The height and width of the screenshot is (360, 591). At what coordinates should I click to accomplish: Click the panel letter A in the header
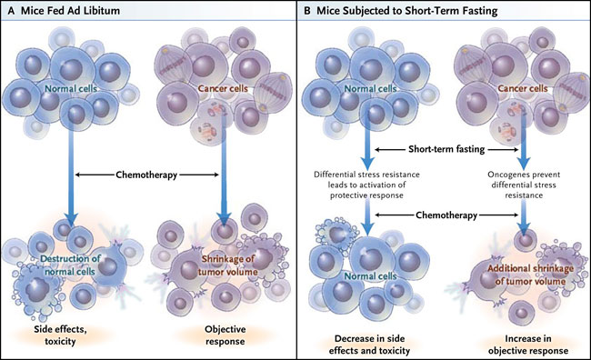click(11, 11)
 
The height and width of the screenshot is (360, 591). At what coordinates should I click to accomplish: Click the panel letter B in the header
click(307, 11)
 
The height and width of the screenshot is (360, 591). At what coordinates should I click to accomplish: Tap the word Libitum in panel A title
click(102, 11)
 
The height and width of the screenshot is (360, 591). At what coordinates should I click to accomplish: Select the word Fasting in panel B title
click(479, 11)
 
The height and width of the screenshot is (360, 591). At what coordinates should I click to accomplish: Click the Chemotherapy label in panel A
click(146, 175)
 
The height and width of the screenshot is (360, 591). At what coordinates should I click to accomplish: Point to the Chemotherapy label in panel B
click(446, 215)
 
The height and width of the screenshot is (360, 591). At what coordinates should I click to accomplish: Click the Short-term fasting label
click(446, 149)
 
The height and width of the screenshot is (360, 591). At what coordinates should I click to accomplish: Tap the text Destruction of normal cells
click(71, 265)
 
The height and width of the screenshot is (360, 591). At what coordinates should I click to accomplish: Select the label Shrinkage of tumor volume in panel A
click(228, 265)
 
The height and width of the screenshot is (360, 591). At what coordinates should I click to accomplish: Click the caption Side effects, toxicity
click(60, 335)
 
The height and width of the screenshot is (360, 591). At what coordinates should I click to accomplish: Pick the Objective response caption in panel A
click(225, 335)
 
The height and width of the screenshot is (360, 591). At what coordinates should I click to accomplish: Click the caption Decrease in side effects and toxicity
click(369, 345)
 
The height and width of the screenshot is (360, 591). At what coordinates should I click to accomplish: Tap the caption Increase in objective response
click(528, 345)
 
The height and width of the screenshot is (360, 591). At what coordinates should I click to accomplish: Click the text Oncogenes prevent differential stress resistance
click(524, 185)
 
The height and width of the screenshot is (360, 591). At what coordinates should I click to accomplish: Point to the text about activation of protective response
click(366, 185)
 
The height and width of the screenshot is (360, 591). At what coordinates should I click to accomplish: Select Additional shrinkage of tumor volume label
click(531, 275)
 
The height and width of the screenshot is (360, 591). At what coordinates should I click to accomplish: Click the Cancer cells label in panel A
click(223, 88)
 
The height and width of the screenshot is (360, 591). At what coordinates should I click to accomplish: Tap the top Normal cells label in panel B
click(370, 88)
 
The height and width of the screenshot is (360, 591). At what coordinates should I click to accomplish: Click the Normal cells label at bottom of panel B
click(370, 276)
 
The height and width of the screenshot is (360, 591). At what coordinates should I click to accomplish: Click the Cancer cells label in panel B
click(523, 88)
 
